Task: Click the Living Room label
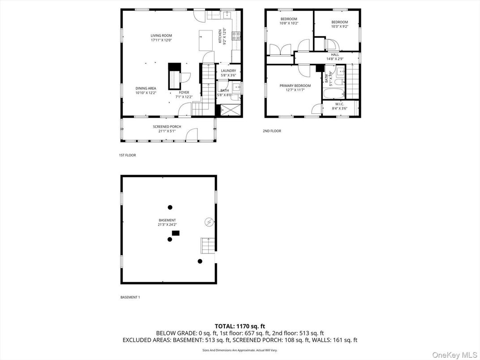161,36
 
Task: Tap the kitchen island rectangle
206,41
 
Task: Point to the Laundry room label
228,71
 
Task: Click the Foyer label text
184,93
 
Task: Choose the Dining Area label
146,89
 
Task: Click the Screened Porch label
167,127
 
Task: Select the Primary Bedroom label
295,86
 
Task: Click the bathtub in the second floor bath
334,94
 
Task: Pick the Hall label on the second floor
335,55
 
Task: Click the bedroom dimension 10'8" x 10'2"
289,23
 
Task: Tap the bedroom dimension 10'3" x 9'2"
339,26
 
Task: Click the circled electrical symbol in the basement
208,222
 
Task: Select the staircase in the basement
207,245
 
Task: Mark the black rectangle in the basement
176,233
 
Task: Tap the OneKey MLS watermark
455,355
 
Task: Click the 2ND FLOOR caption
272,131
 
